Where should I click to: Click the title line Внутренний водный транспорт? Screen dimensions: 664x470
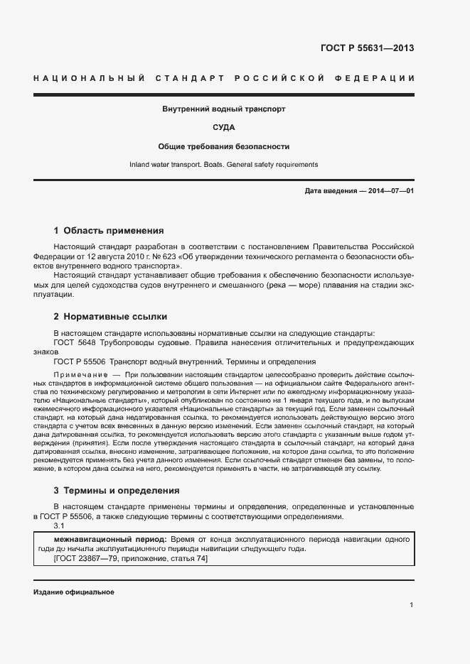click(224, 109)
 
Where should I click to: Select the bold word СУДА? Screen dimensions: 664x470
click(224, 128)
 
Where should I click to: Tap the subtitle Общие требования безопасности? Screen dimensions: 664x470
click(224, 146)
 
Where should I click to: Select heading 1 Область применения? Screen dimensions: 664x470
click(109, 230)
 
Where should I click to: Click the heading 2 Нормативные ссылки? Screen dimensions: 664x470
click(110, 317)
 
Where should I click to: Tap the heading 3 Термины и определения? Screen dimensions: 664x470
click(117, 490)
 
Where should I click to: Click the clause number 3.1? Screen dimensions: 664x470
click(59, 526)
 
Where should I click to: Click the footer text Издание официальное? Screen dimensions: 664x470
click(74, 592)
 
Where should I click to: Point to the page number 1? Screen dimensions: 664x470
click(412, 604)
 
